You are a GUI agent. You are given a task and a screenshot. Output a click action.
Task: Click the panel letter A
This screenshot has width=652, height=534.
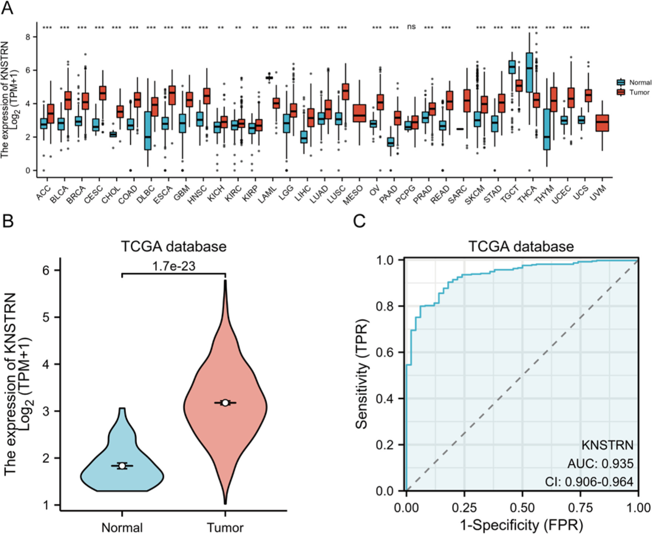pos(7,8)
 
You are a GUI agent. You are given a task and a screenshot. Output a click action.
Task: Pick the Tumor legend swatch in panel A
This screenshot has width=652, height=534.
pos(621,92)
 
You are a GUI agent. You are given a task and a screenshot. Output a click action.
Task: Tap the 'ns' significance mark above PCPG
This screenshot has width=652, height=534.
pos(411,27)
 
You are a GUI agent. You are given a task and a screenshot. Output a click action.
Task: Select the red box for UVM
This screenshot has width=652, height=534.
pos(602,123)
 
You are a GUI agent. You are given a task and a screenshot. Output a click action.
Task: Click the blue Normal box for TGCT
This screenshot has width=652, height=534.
pos(512,67)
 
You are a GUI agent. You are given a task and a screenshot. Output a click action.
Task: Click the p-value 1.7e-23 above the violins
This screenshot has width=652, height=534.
pos(173,266)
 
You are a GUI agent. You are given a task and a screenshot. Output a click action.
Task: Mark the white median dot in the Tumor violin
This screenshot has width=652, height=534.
pos(225,402)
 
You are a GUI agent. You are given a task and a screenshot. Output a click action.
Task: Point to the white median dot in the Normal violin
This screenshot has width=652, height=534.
pos(122,466)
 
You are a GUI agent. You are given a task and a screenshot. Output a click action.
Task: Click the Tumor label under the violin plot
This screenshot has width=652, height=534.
pos(225,527)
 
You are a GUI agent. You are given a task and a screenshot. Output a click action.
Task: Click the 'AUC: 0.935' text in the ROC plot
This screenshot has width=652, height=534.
pos(600,463)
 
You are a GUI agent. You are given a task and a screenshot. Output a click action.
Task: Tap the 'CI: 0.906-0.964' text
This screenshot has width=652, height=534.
pos(589,482)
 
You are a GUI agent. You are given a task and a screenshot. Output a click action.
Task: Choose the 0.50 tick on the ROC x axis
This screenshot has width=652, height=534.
pos(522,507)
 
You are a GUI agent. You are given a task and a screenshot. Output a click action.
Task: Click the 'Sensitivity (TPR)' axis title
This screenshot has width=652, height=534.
pos(361,375)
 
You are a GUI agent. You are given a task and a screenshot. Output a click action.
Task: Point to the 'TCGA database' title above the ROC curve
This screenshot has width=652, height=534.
pos(521,246)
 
